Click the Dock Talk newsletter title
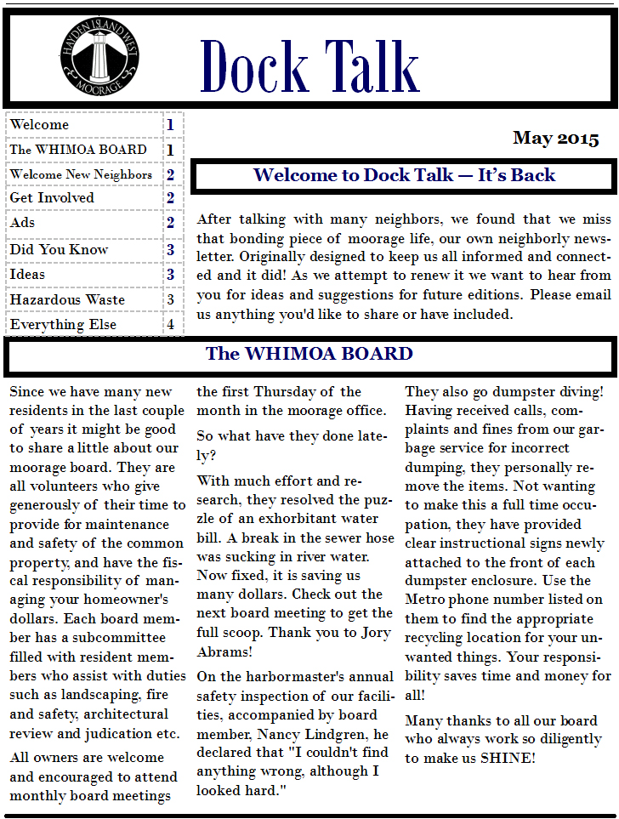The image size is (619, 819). click(309, 65)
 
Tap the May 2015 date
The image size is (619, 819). click(555, 139)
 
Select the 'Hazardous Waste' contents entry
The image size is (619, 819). click(67, 299)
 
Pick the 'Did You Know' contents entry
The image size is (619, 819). click(59, 249)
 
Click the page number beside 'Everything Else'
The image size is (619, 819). click(170, 324)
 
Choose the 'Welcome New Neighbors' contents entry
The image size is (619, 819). click(81, 174)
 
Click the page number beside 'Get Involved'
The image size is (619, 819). click(170, 198)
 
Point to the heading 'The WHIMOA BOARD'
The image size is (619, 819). click(309, 354)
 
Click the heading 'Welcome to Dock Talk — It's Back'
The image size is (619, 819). click(404, 175)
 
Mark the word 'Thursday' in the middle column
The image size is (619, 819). click(283, 392)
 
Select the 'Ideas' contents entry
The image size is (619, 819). click(28, 274)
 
